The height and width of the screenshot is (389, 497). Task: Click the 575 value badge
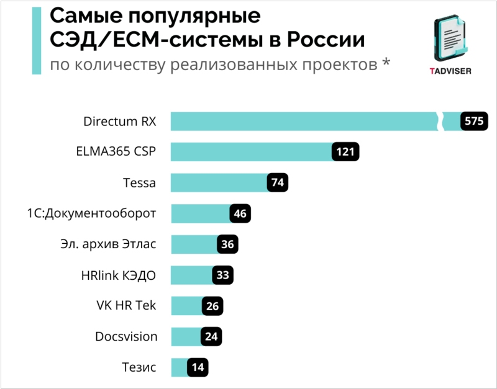[473, 121]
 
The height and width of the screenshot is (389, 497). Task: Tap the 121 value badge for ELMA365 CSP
[345, 152]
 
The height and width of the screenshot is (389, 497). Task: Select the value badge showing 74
[278, 182]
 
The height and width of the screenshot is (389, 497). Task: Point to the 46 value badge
[240, 213]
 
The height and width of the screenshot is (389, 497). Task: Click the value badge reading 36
[227, 244]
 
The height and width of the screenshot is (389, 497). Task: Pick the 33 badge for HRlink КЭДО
[222, 275]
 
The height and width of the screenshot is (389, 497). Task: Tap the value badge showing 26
[212, 306]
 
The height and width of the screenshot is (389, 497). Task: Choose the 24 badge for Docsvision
[211, 336]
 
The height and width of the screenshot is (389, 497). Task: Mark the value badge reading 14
[198, 367]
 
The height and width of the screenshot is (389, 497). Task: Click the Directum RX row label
[119, 121]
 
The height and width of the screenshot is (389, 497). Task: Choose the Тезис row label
[139, 367]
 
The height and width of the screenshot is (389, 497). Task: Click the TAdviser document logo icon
[450, 38]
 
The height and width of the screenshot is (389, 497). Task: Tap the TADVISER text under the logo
[450, 70]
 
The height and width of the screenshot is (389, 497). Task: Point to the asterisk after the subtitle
[386, 64]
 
